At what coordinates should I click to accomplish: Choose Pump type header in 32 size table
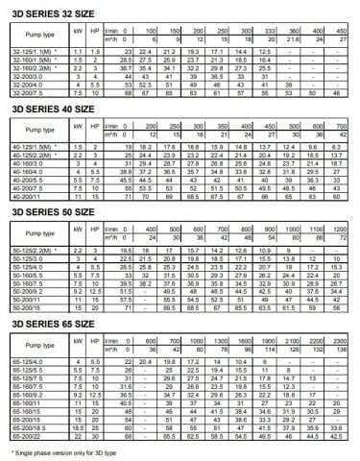(28, 34)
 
